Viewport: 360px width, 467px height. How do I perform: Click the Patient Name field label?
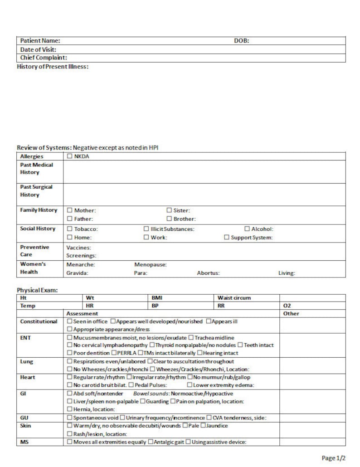pos(40,41)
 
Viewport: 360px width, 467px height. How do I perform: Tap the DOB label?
pos(241,41)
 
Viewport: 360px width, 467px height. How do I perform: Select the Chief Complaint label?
pos(44,58)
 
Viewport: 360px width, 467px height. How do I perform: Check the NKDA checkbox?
pos(69,156)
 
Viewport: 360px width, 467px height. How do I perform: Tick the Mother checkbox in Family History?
pos(69,210)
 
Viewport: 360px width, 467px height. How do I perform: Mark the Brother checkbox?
pos(169,219)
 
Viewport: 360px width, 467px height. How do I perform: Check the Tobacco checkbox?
pos(69,229)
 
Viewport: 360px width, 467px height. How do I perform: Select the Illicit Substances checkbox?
pos(146,229)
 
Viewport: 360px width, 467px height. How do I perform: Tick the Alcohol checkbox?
pos(248,229)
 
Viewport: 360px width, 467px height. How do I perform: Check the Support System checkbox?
pos(227,238)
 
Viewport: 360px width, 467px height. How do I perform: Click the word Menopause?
pos(151,264)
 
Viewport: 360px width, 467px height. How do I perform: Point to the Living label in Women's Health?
pos(287,273)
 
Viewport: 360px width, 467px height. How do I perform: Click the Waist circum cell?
pos(234,298)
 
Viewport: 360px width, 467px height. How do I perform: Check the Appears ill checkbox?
pos(209,321)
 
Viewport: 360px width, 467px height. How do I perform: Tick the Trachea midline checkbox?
pos(191,338)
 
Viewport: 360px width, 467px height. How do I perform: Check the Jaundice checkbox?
pos(203,425)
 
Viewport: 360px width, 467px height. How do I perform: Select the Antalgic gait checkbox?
pos(151,442)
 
